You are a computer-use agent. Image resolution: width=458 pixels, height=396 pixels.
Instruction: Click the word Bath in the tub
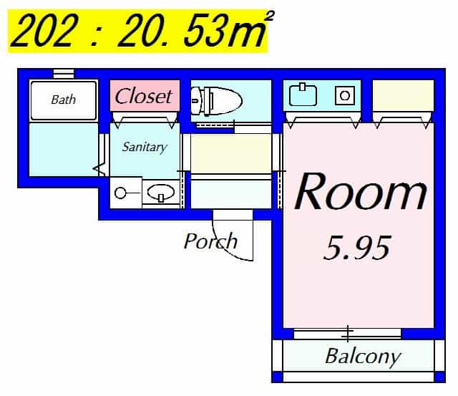pyautogui.click(x=63, y=100)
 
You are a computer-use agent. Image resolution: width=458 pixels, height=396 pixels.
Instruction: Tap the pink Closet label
pyautogui.click(x=143, y=96)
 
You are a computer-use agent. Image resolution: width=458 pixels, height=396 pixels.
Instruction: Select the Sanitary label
pyautogui.click(x=145, y=147)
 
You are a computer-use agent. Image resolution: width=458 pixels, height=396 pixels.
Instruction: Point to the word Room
pyautogui.click(x=361, y=191)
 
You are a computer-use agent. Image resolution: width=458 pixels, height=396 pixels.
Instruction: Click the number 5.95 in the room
pyautogui.click(x=357, y=248)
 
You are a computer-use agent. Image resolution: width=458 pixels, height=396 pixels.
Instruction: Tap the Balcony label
pyautogui.click(x=363, y=357)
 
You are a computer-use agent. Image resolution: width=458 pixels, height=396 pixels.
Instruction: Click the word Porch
pyautogui.click(x=210, y=241)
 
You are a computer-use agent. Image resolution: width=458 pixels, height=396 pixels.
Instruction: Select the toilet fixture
pyautogui.click(x=216, y=101)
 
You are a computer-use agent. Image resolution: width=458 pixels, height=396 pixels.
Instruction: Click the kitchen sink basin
pyautogui.click(x=303, y=95)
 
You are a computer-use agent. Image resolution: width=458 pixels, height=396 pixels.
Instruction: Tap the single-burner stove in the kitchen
pyautogui.click(x=345, y=95)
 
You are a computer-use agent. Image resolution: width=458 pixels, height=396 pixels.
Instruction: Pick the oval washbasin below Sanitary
pyautogui.click(x=160, y=193)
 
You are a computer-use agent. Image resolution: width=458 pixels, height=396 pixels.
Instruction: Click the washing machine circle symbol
pyautogui.click(x=120, y=193)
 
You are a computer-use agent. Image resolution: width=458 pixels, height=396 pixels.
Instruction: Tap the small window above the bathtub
pyautogui.click(x=64, y=73)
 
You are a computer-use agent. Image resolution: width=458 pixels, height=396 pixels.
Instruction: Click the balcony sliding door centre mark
pyautogui.click(x=348, y=334)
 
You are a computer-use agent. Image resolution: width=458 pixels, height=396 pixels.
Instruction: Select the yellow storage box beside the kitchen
pyautogui.click(x=403, y=95)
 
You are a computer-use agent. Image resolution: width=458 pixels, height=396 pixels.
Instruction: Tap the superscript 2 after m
pyautogui.click(x=270, y=16)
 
